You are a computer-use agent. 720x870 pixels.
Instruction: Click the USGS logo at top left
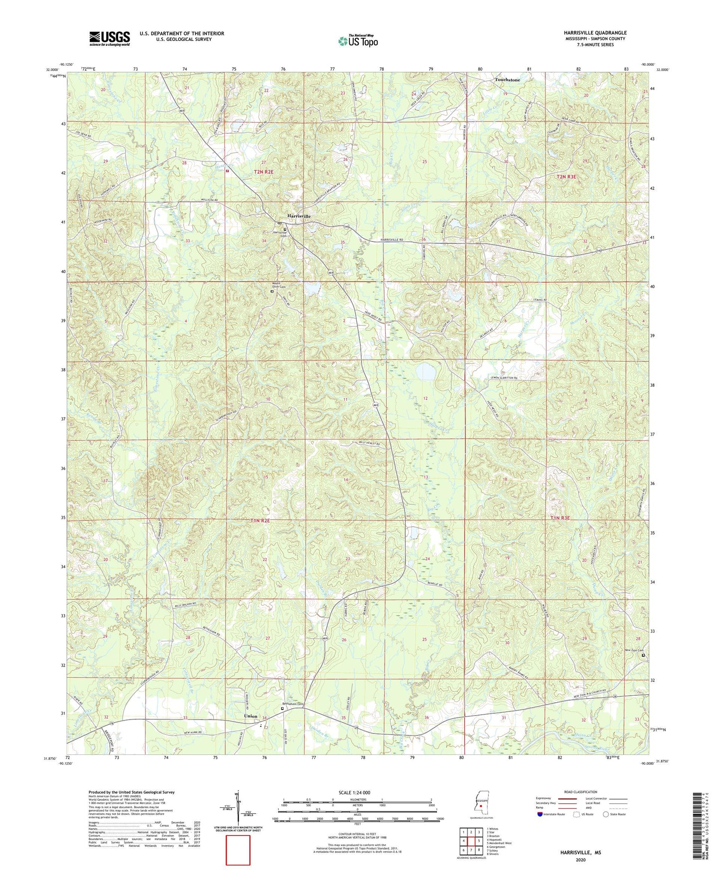(110, 38)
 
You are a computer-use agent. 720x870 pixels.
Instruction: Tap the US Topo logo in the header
(357, 41)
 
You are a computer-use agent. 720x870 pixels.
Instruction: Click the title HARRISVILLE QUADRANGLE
(595, 33)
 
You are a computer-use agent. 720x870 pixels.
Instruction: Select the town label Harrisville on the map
(299, 216)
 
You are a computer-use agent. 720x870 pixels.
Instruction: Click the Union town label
(251, 716)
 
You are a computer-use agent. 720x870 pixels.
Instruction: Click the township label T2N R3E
(566, 177)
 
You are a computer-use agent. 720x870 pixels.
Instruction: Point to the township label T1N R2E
(260, 521)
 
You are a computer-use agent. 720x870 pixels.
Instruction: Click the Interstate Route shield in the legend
(540, 814)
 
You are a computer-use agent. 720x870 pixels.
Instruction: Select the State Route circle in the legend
(606, 814)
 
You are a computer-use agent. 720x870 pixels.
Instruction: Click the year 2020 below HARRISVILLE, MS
(580, 860)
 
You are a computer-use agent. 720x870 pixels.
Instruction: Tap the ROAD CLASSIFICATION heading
(580, 792)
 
